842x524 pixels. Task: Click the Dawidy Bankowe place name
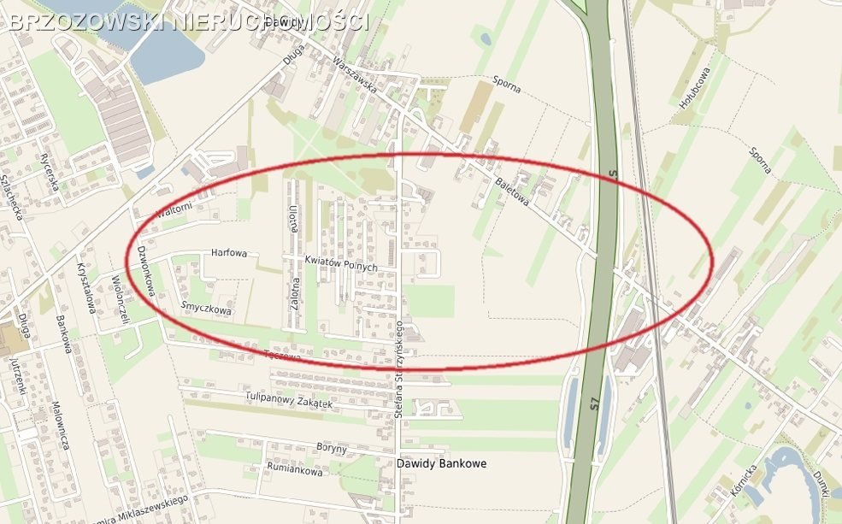pos(441,463)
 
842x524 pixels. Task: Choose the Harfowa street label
pos(228,253)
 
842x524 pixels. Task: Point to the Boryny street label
pos(331,448)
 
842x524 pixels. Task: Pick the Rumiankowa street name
pos(294,470)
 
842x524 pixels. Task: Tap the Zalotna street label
pos(295,296)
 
